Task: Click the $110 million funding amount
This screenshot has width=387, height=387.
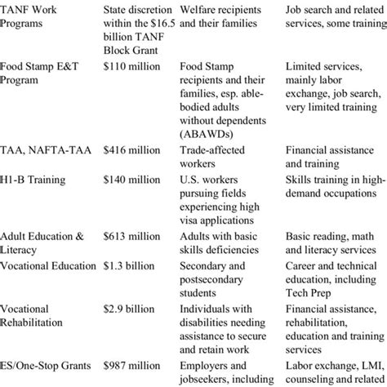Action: point(134,63)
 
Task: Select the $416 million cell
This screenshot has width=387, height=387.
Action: point(134,150)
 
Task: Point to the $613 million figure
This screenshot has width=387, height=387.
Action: point(134,236)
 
